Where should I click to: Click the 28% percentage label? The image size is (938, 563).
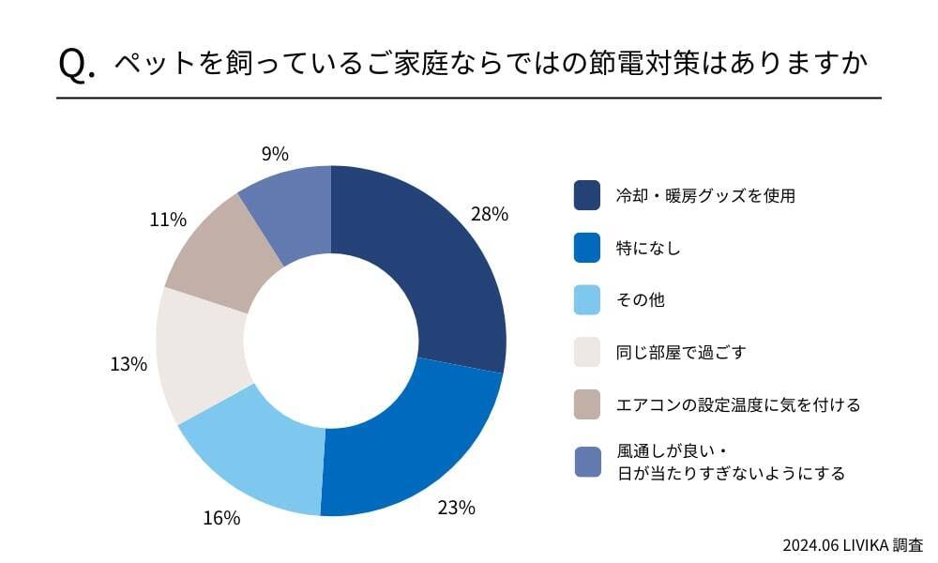pos(490,214)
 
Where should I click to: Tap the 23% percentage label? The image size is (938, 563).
pos(456,508)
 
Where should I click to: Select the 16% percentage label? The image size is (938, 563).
pos(221,517)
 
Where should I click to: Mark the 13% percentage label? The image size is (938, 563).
pos(129,364)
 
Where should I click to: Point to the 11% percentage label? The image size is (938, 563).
pos(168,220)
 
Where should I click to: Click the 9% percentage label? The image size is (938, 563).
pos(275,154)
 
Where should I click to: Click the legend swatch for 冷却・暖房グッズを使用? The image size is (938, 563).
pos(587,195)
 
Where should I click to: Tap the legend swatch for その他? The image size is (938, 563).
pos(587,300)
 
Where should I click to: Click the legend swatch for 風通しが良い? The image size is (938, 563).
pos(587,462)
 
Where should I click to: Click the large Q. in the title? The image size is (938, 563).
pos(77,64)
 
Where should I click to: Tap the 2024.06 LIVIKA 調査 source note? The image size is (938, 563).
pos(853,544)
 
